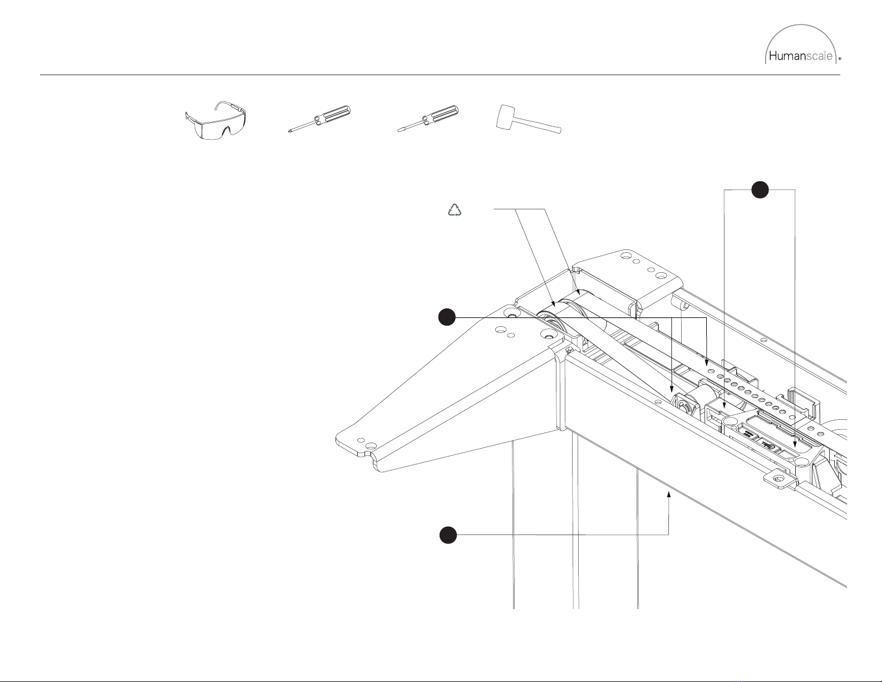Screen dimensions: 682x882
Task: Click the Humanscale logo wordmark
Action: coord(800,56)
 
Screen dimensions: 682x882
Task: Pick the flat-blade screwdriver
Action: coord(428,119)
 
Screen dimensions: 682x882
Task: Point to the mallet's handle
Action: coord(539,126)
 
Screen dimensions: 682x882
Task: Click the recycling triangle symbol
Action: coord(455,210)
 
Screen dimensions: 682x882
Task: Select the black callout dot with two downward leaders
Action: coord(760,190)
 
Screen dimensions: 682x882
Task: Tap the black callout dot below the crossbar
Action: coord(448,535)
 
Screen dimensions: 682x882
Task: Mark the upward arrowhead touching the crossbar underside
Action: coord(669,494)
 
